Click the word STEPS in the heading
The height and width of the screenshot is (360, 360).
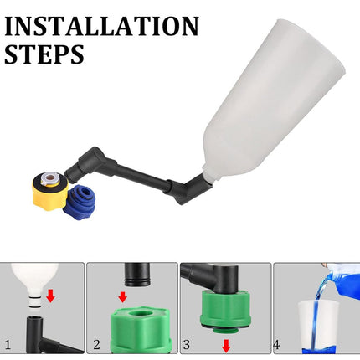coord(44,54)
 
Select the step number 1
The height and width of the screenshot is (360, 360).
coord(8,343)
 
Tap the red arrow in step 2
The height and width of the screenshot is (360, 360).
coord(122,297)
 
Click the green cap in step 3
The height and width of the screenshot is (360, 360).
coord(224,315)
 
